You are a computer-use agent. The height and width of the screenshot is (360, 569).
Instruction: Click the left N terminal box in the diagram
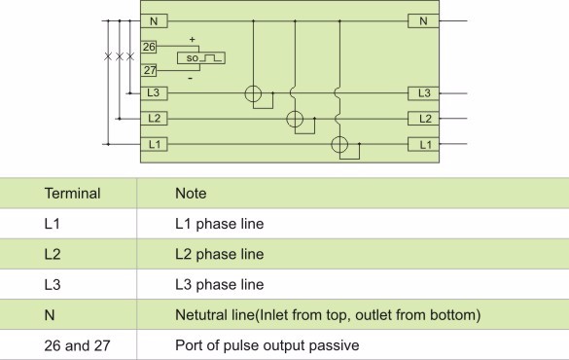click(x=152, y=20)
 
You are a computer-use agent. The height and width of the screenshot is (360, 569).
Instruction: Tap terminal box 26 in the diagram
click(x=149, y=46)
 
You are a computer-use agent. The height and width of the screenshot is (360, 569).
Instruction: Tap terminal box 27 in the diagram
click(x=149, y=70)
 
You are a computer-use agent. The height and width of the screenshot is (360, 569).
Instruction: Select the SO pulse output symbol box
click(x=201, y=58)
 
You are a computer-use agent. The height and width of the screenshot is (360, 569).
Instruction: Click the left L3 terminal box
click(x=152, y=93)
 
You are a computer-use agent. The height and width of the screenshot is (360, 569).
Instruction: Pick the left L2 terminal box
click(x=152, y=119)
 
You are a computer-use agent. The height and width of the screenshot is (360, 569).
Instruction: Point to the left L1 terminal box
click(x=152, y=144)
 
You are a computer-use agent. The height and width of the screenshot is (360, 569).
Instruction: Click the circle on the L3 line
click(x=252, y=94)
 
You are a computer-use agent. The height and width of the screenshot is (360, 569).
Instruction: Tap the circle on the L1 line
click(x=338, y=145)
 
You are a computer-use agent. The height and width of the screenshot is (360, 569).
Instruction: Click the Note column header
click(x=191, y=194)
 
